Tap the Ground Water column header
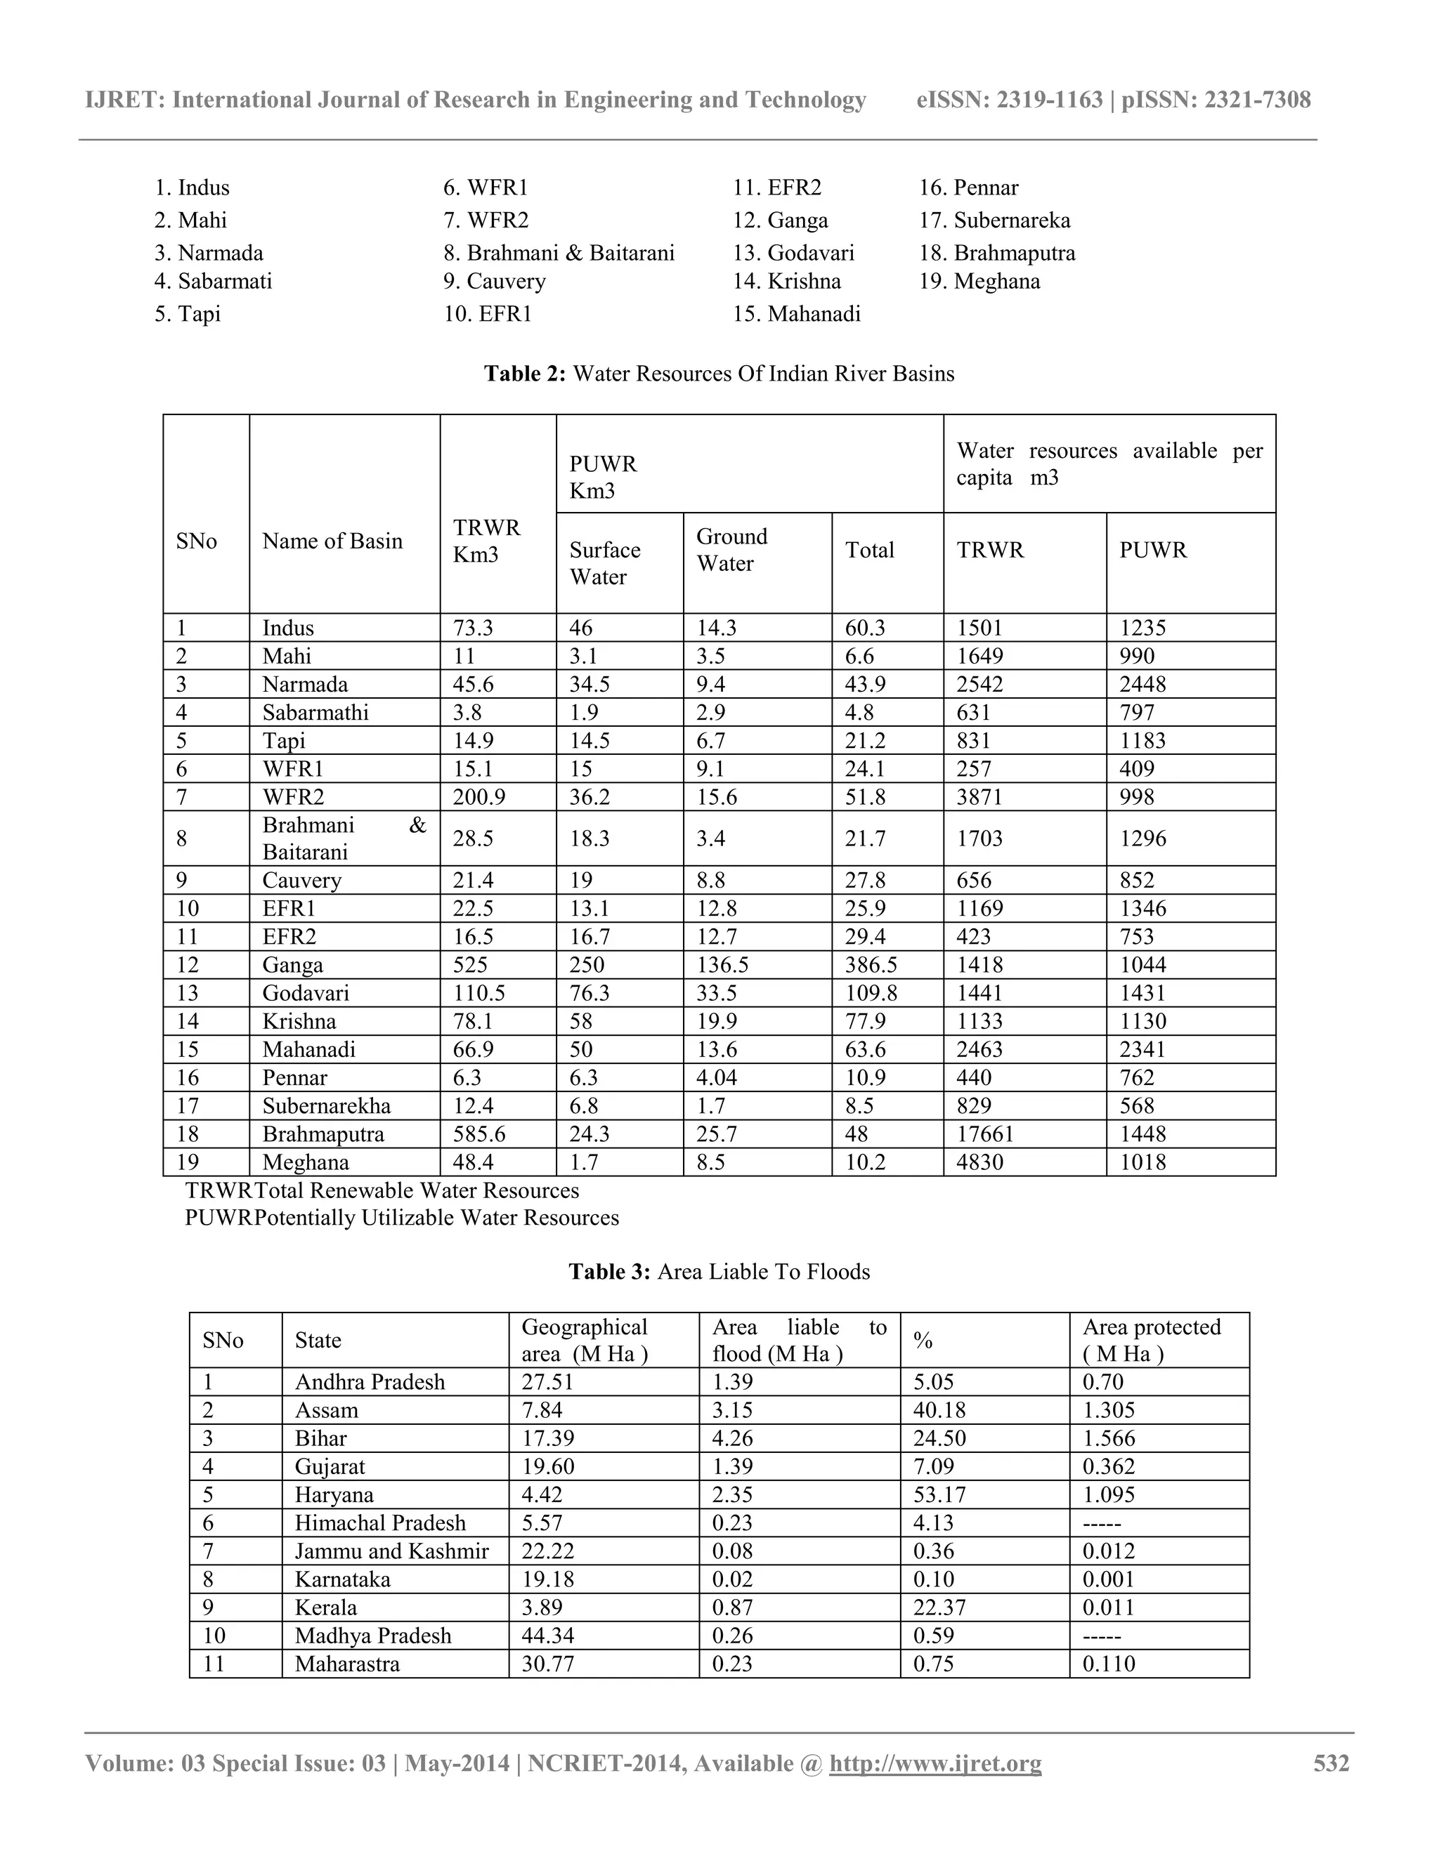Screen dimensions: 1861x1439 (x=731, y=551)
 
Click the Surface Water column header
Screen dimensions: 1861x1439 (x=604, y=563)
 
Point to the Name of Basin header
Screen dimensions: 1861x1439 (x=332, y=541)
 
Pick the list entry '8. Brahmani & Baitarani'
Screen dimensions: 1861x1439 (x=559, y=253)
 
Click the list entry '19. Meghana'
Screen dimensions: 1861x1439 (x=979, y=281)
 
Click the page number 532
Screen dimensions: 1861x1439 (x=1331, y=1763)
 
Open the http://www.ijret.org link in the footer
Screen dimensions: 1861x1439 (x=935, y=1763)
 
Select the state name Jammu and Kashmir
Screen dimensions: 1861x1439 (x=391, y=1551)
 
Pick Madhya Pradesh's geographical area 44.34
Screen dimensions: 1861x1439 (x=547, y=1635)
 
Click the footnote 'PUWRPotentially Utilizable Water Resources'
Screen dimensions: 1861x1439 (x=401, y=1218)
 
